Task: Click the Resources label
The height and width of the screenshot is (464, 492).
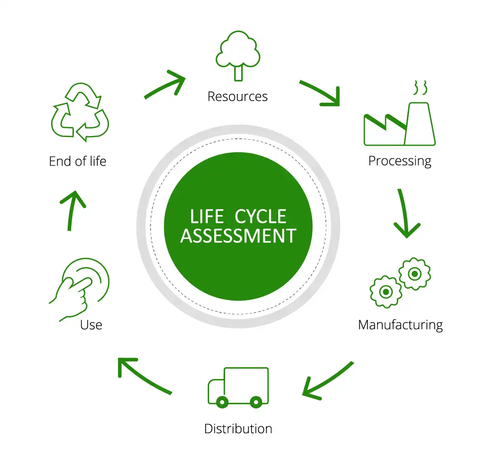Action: [237, 96]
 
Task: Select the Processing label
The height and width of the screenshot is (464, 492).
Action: [400, 161]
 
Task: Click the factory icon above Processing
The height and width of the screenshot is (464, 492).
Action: [399, 124]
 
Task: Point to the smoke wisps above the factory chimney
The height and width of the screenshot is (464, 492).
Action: [420, 87]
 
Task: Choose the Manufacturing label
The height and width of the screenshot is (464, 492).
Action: [400, 325]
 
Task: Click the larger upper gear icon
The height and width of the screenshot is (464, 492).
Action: [415, 274]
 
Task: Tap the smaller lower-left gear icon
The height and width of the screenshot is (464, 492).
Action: [385, 291]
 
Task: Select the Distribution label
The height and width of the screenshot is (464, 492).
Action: [238, 429]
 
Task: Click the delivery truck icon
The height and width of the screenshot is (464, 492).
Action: [238, 387]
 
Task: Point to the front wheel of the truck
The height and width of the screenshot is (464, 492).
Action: [222, 402]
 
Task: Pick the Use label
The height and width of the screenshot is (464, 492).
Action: [91, 325]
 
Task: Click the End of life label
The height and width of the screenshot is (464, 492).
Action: [78, 161]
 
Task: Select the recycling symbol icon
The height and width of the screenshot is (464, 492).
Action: [80, 112]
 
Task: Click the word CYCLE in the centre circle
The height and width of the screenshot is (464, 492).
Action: [261, 216]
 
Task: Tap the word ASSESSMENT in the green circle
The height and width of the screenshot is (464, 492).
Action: [238, 236]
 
